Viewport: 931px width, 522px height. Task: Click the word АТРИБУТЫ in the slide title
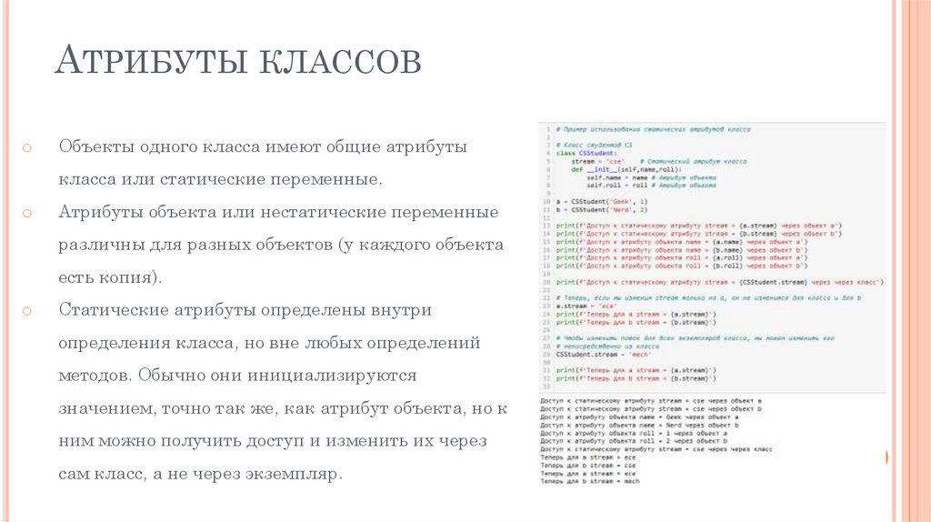point(145,62)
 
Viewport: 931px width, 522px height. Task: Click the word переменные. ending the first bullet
point(325,179)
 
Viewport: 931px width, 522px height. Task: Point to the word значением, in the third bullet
point(107,408)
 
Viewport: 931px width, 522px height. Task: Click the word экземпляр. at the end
point(294,474)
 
